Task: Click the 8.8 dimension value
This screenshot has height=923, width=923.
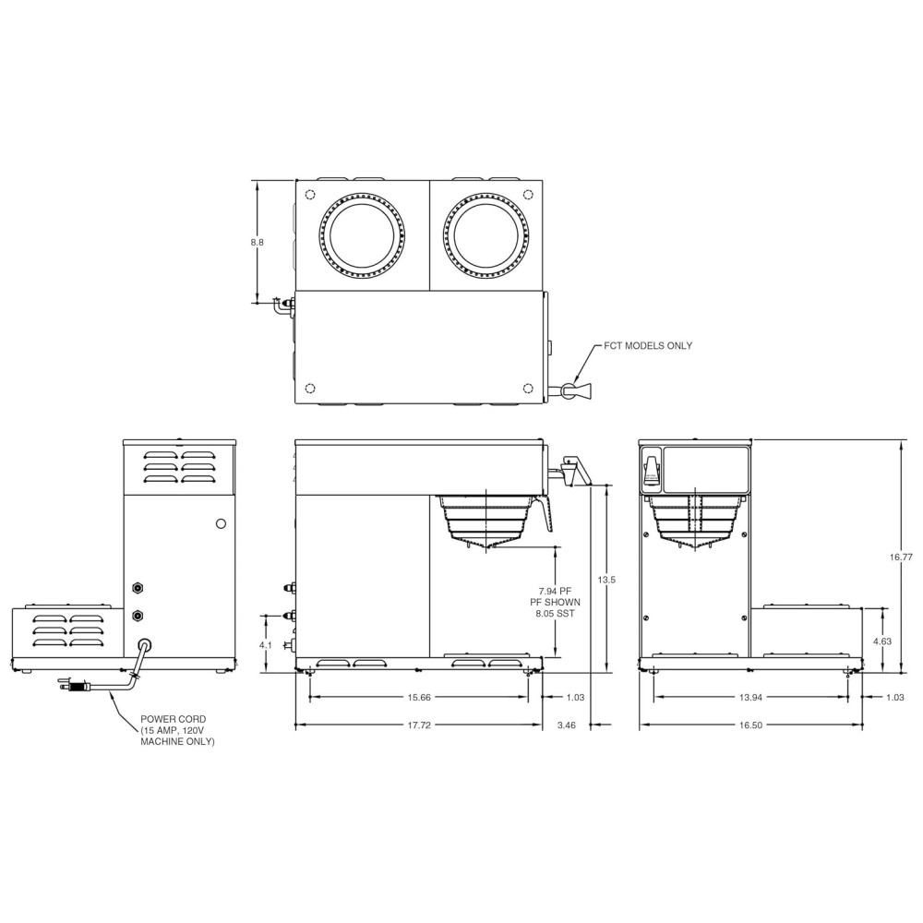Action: [258, 242]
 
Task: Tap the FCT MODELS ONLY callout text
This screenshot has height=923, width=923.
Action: [648, 345]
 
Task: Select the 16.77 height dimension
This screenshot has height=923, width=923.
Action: [901, 557]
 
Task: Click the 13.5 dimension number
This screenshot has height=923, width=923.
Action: [606, 580]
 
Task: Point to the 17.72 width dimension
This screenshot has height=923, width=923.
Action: [419, 725]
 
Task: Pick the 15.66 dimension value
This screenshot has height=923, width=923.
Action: [419, 697]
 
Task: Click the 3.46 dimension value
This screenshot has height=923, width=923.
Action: [567, 725]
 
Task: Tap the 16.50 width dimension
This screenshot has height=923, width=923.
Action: [750, 725]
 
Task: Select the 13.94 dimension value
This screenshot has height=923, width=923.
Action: [750, 697]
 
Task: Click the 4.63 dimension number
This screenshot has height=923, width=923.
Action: [882, 641]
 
